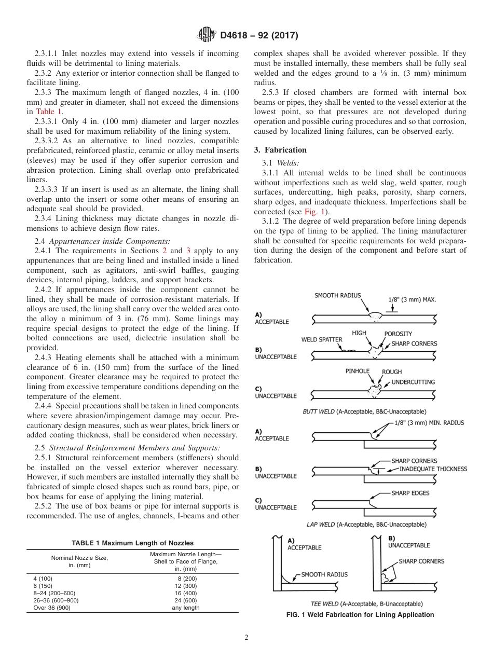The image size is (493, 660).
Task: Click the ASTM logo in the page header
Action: (208, 35)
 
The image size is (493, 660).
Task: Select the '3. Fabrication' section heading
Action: (280, 150)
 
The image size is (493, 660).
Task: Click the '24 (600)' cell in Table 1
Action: (185, 600)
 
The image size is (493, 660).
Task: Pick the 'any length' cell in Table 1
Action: (185, 608)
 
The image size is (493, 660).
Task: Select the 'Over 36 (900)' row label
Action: (52, 608)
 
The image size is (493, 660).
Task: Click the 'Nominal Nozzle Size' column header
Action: (79, 558)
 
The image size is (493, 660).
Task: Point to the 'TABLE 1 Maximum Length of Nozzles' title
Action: (132, 543)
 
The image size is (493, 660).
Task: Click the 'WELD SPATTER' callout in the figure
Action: (322, 340)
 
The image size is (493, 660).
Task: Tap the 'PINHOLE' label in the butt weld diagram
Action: (358, 372)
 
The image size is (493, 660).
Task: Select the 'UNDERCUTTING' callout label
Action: (413, 382)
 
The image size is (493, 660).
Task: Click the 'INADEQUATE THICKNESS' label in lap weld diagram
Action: (433, 469)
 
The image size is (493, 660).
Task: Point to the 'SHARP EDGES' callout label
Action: (410, 493)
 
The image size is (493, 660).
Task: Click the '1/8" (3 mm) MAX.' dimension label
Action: (412, 299)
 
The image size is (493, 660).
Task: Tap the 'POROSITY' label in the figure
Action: (398, 334)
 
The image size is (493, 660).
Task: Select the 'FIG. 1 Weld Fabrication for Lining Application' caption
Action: (360, 615)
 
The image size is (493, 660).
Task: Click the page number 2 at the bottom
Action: (246, 638)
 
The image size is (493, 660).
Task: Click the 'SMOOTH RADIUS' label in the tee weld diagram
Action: (324, 574)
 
